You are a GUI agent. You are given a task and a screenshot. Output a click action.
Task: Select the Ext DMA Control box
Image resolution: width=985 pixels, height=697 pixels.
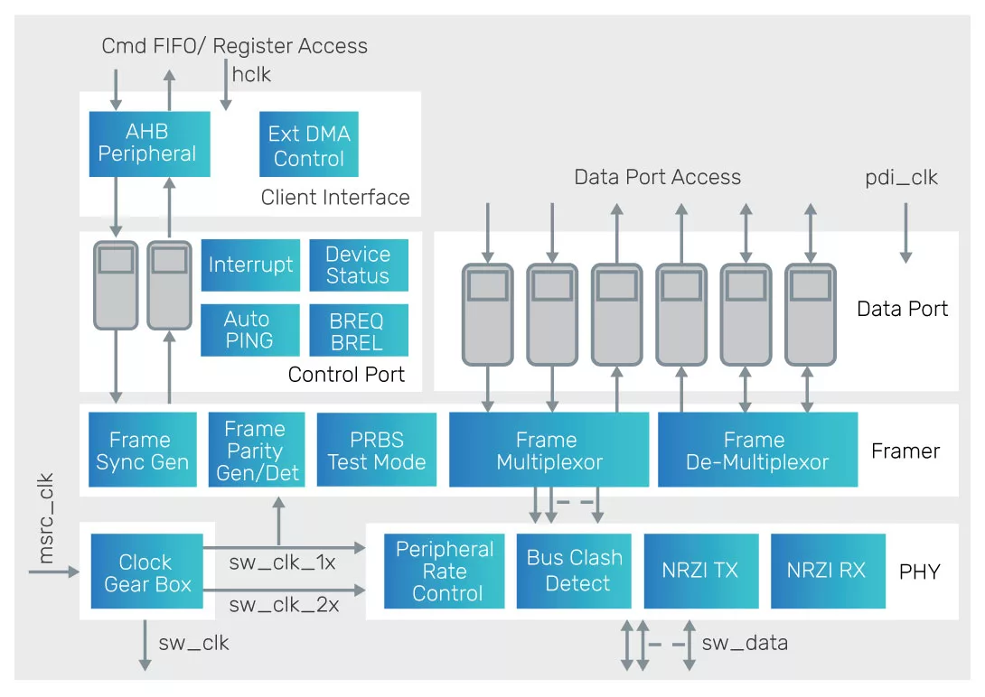pyautogui.click(x=308, y=145)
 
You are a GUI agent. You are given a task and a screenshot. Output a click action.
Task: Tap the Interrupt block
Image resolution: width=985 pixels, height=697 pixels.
pyautogui.click(x=250, y=265)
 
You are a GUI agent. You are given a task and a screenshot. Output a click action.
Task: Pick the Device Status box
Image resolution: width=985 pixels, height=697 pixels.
pyautogui.click(x=358, y=265)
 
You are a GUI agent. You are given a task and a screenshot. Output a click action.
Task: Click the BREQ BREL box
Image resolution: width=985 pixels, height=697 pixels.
pyautogui.click(x=357, y=331)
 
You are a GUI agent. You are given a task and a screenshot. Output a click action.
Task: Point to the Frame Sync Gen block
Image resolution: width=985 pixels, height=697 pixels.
pyautogui.click(x=142, y=451)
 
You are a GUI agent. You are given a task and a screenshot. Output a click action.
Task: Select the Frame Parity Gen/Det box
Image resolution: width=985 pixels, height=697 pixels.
pyautogui.click(x=257, y=451)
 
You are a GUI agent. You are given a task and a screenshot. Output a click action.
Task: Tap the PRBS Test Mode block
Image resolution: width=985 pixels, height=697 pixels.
pyautogui.click(x=376, y=451)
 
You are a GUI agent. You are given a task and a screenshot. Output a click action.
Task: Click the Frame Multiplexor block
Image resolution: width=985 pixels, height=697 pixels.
pyautogui.click(x=549, y=451)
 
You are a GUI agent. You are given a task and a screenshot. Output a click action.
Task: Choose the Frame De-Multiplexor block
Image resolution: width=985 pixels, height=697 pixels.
pyautogui.click(x=756, y=451)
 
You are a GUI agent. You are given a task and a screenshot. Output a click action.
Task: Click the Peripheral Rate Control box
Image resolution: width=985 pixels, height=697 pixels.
pyautogui.click(x=445, y=572)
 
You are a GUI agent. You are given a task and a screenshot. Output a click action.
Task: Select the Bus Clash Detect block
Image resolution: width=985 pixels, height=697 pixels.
pyautogui.click(x=575, y=571)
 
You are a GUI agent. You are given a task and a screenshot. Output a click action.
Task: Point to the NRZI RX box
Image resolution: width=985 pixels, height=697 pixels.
pyautogui.click(x=827, y=571)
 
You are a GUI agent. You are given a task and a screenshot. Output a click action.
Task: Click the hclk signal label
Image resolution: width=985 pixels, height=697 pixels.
pyautogui.click(x=251, y=75)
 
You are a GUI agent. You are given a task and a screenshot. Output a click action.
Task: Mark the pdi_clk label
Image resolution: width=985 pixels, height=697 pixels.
pyautogui.click(x=901, y=178)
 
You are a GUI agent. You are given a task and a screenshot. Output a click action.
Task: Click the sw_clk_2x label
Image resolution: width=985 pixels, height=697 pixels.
pyautogui.click(x=284, y=605)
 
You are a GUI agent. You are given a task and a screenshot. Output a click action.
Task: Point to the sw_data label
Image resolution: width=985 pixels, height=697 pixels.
pyautogui.click(x=745, y=643)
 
